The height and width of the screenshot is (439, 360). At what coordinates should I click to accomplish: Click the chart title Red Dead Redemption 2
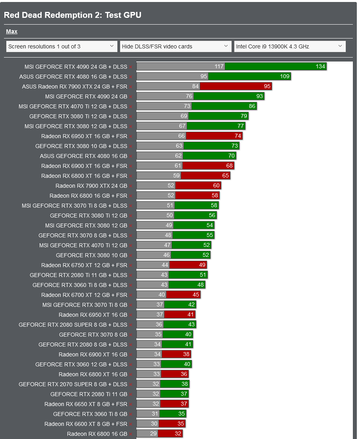coord(73,15)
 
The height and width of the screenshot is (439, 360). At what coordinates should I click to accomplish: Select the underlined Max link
coord(11,31)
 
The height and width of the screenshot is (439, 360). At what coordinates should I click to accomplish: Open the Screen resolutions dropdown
coord(61,46)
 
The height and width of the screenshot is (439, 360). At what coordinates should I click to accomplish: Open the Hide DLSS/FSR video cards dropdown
coord(176,46)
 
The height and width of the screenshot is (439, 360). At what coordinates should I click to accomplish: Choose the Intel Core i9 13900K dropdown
coord(290,46)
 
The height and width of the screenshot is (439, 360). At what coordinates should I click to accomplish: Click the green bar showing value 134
coord(276,66)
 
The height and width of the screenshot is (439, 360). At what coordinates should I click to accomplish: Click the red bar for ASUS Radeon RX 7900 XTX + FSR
coord(236,86)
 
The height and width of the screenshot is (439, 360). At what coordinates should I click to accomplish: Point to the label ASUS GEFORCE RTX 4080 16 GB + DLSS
coord(73,77)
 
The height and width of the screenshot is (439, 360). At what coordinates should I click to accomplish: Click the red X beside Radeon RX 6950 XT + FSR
coord(131,136)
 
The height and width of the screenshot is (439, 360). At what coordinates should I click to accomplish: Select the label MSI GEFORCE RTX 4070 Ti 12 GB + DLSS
coord(73,106)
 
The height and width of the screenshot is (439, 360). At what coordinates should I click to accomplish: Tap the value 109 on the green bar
coord(285,76)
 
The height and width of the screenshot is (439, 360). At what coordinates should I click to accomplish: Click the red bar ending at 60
coord(198,185)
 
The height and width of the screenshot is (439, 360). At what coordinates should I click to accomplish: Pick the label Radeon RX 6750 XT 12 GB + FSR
coord(84,265)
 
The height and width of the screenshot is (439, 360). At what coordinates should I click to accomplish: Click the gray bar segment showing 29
coord(147,433)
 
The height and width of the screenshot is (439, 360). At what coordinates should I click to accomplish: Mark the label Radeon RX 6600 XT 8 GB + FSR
coord(86,424)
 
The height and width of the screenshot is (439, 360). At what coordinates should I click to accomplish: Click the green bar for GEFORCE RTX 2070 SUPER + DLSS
coord(175,384)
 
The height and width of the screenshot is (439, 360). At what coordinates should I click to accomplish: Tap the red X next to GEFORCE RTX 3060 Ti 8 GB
coord(131,414)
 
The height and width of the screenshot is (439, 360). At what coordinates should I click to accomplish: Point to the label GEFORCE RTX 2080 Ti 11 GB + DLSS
coord(79,275)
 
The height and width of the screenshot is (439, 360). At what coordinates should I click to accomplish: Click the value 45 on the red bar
coord(195,295)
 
